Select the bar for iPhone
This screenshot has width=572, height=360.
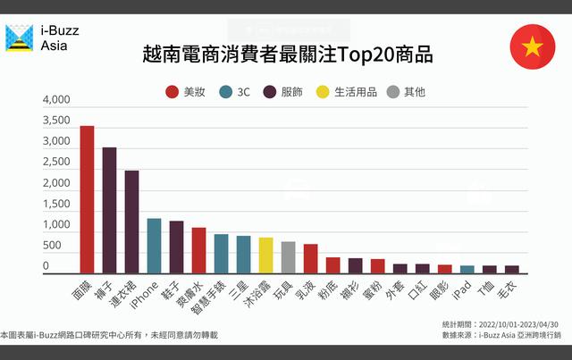tap(154, 246)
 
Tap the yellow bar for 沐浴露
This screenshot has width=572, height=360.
tap(265, 255)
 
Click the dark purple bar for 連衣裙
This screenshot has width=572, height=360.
tap(131, 222)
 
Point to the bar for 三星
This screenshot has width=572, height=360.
tap(243, 255)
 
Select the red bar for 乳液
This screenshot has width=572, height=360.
tap(310, 258)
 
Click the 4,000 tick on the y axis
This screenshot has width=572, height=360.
tap(55, 100)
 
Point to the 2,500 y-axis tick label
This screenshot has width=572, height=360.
tap(55, 163)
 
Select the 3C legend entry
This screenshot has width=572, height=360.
tap(235, 92)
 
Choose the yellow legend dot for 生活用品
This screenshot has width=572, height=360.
tap(324, 92)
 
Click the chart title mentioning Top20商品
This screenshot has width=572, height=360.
tap(287, 54)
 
